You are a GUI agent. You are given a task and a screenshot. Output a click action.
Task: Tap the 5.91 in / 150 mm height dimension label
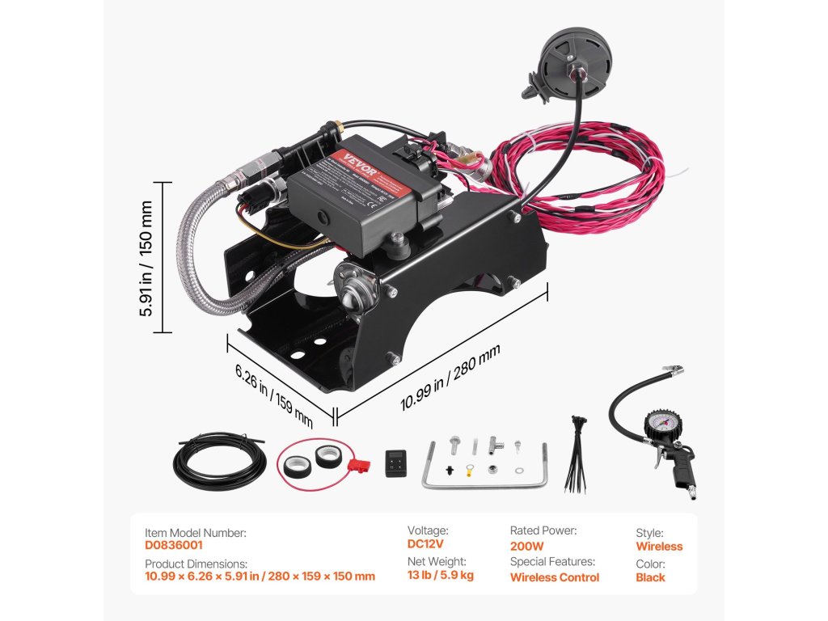click(148, 257)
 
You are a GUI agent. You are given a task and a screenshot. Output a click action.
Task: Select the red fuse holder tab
click(355, 467)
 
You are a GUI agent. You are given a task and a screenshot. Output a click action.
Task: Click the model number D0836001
click(174, 546)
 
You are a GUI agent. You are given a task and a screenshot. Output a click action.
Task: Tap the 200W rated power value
click(526, 546)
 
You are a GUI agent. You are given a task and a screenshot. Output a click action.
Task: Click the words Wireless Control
click(555, 577)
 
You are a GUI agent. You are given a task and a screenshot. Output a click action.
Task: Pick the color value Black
click(650, 577)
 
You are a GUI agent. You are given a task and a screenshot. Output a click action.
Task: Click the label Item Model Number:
click(196, 533)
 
